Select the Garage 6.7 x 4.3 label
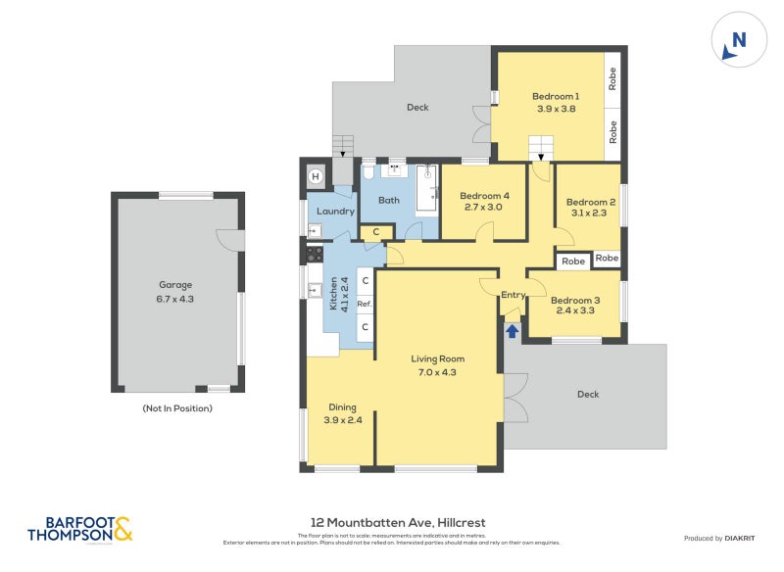coord(176,292)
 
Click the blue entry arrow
coord(512,331)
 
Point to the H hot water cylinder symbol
coord(317,176)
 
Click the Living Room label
coord(437,365)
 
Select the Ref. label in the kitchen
coord(364,305)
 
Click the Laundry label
coord(336,211)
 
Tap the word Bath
coord(389,201)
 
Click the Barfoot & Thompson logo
coord(79,530)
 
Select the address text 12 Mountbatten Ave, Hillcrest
coord(392,523)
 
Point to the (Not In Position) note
coord(177,408)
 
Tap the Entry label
coord(514,295)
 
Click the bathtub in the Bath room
coord(426,189)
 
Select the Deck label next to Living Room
coord(588,395)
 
